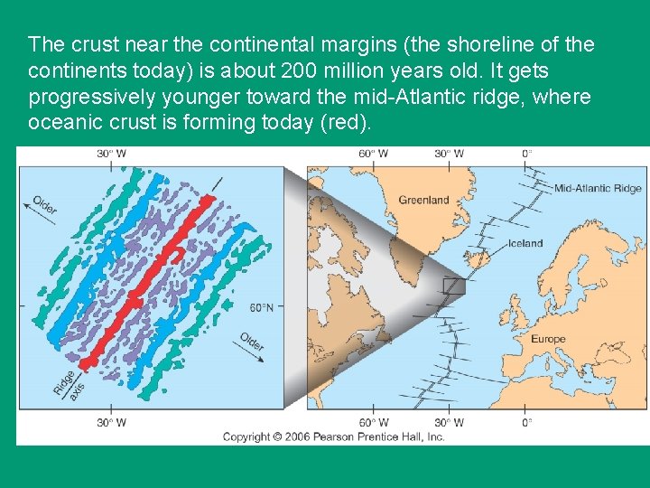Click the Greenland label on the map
[423, 200]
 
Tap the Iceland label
[525, 243]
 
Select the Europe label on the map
[547, 339]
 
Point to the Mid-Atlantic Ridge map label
[598, 189]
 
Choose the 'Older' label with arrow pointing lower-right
[253, 344]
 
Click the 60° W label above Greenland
[374, 154]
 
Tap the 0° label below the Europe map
[526, 423]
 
